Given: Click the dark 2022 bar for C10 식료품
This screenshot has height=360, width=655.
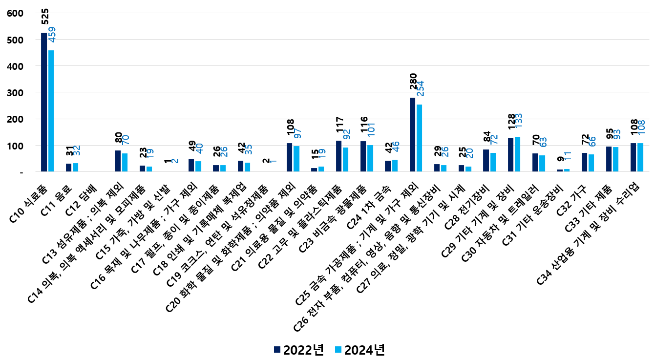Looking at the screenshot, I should point(44,102).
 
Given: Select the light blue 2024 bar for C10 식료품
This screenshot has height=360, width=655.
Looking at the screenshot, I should point(51,111).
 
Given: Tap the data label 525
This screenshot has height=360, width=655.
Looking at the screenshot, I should point(45,20).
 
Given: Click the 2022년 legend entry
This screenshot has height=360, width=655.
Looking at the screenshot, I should point(298,350).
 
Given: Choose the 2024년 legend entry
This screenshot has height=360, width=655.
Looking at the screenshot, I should point(359,350).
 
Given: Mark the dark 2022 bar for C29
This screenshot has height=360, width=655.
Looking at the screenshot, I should point(510,154).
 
